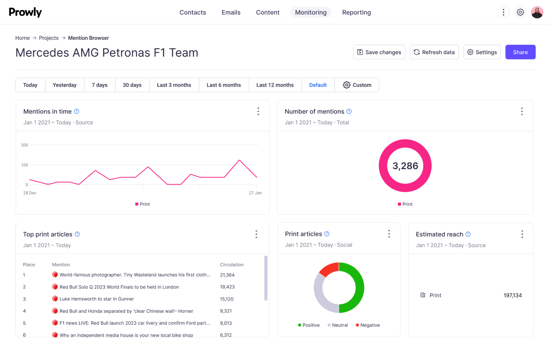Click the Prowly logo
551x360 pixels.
point(25,12)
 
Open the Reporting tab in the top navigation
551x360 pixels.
point(356,13)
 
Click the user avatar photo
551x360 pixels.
point(537,12)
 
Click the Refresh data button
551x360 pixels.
point(434,52)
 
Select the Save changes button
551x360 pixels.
point(379,52)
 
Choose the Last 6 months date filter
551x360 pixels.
point(223,85)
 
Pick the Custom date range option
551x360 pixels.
point(357,85)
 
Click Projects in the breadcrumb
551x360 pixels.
point(49,38)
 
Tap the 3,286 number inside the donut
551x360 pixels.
point(405,166)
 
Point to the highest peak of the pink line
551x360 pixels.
point(239,160)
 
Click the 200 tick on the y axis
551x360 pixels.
point(24,145)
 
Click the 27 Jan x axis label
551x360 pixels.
point(255,193)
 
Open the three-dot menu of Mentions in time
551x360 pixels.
point(258,112)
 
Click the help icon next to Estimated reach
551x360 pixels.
point(468,234)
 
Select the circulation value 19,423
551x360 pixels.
point(227,287)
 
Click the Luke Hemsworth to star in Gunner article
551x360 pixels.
point(96,299)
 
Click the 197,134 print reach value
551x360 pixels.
point(512,295)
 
